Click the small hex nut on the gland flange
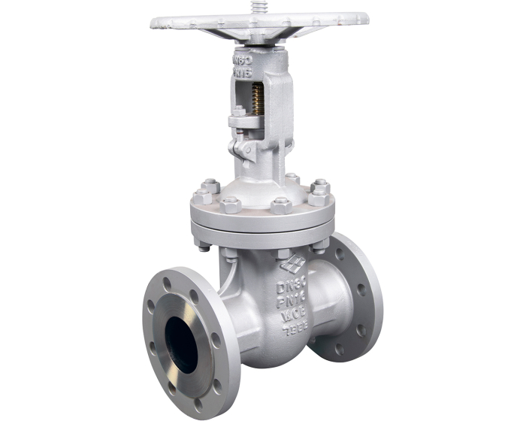(238, 111)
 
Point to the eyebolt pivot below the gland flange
(243, 148)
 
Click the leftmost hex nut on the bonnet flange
(201, 196)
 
